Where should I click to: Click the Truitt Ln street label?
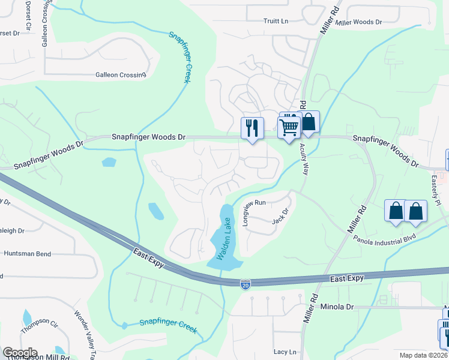[x=276, y=21]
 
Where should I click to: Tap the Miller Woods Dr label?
[x=359, y=22]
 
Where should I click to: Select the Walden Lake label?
[x=224, y=239]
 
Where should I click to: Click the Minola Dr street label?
[x=337, y=307]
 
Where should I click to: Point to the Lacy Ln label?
[x=285, y=352]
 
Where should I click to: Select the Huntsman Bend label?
[x=27, y=254]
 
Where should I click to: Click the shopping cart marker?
[x=289, y=127]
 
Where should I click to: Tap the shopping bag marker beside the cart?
[x=309, y=122]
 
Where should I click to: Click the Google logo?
[x=20, y=353]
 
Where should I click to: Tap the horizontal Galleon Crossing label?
[x=121, y=75]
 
